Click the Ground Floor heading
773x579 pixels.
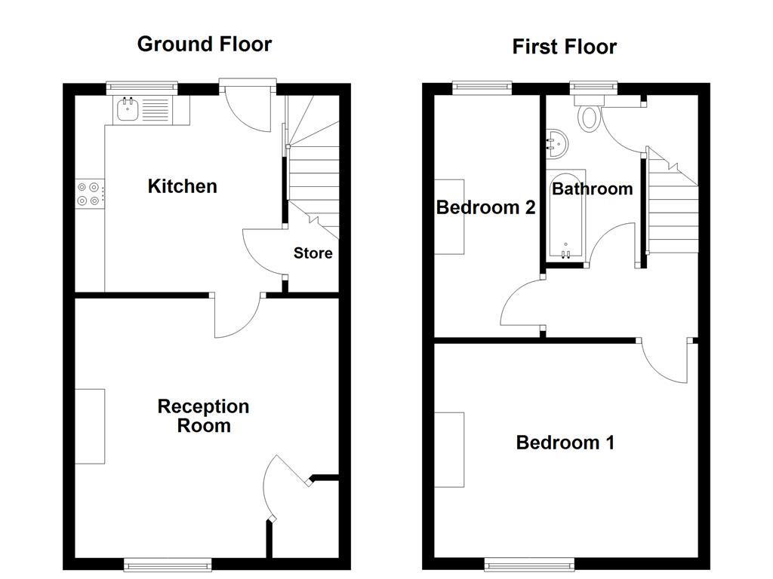204,44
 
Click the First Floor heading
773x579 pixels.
564,47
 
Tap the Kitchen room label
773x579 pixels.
182,186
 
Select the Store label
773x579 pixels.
313,253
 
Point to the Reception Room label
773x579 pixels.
203,416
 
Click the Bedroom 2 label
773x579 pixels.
485,207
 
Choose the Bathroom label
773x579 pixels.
592,188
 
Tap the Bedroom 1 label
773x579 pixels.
565,443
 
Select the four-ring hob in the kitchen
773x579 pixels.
88,194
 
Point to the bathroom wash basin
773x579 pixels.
556,142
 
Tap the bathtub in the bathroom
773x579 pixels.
565,219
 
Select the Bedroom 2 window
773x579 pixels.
482,87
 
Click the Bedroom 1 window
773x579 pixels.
528,563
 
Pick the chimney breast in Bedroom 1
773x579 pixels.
449,449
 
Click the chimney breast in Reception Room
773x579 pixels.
90,426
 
